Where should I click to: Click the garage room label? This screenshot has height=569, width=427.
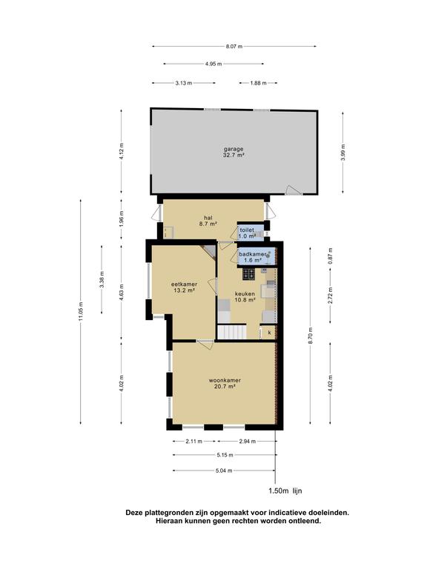pos(234,152)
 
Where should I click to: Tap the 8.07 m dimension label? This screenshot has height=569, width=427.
pos(234,47)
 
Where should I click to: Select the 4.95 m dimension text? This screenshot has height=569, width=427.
pos(213,64)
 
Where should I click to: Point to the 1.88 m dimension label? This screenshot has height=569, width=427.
pos(258,83)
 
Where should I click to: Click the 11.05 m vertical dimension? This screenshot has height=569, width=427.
pos(81,311)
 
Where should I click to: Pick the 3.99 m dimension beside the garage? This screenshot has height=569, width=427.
pos(343,152)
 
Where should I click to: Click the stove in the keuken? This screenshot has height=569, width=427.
pos(249,274)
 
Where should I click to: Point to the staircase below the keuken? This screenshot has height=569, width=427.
pos(231,332)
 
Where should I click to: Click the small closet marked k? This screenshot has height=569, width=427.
pos(269,333)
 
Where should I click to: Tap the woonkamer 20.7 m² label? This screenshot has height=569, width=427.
pos(225,383)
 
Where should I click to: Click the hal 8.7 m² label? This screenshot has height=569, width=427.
pos(208,221)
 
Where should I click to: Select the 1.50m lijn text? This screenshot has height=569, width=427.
pos(285,491)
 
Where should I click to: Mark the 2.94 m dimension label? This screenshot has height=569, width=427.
pos(248,442)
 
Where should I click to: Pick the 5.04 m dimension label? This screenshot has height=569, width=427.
pos(224,470)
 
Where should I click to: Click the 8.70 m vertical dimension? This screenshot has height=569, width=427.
pos(310,336)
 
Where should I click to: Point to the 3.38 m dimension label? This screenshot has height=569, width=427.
pos(102,279)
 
